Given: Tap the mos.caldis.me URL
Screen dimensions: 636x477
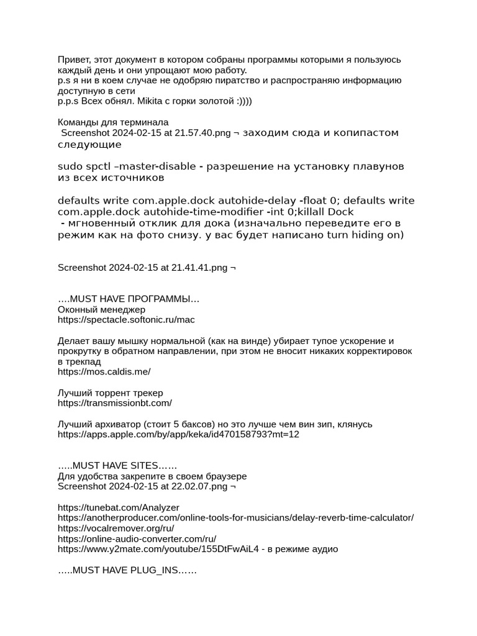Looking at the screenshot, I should pos(104,371).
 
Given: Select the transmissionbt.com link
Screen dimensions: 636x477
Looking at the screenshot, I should pos(114,403).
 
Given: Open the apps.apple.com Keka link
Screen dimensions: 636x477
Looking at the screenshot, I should pos(178,435).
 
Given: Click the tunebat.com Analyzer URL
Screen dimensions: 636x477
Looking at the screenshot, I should pos(118,508).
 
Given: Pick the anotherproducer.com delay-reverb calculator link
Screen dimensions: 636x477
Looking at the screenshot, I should pos(235,518).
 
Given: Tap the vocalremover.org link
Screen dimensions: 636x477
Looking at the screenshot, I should pos(116,529).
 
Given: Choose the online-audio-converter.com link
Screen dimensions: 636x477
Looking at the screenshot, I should pos(137,539).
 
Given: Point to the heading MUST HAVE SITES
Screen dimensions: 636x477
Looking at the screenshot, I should pos(117,466).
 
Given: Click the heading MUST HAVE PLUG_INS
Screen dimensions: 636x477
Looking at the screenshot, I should pos(127,570).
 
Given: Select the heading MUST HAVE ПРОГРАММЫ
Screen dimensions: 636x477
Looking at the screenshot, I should pos(129,299).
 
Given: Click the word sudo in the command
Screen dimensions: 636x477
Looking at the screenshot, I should pos(69,166).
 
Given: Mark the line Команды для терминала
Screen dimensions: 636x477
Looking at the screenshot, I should pos(113,122).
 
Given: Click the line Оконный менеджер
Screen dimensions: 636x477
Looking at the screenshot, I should pos(101,309).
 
